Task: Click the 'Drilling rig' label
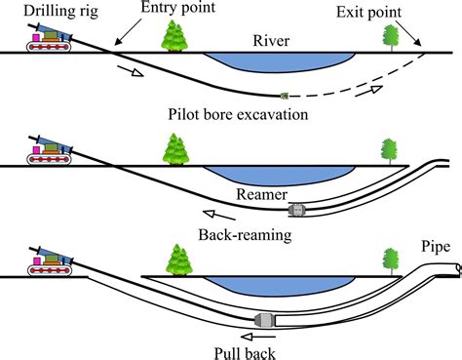(44, 11)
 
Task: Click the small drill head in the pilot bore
(284, 95)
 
